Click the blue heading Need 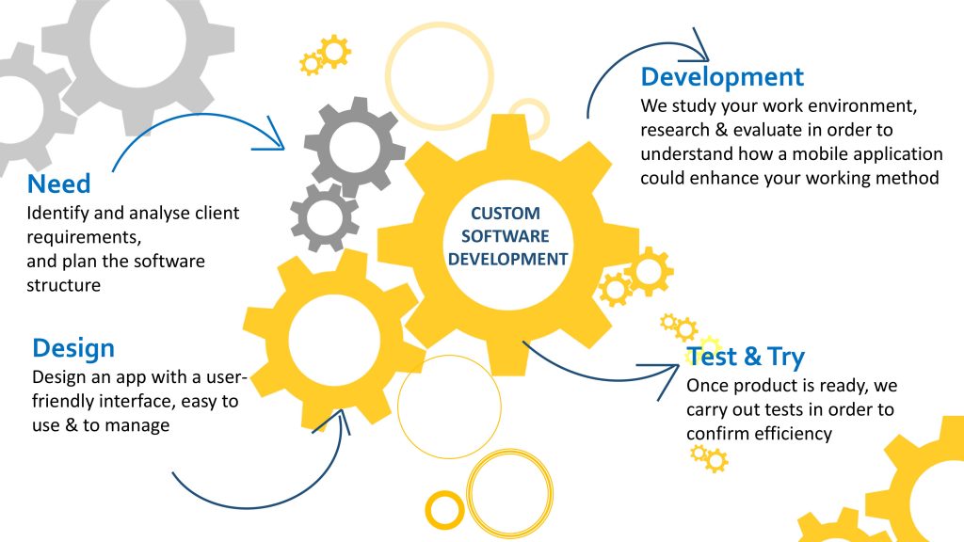[x=59, y=183]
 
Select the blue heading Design [x=73, y=348]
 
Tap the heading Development [x=722, y=76]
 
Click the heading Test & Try [x=746, y=357]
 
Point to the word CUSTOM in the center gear [x=506, y=214]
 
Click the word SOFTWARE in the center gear [x=507, y=236]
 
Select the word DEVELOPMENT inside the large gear [x=507, y=258]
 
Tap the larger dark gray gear [x=355, y=147]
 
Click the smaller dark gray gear [x=325, y=217]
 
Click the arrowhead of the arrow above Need [x=276, y=134]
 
